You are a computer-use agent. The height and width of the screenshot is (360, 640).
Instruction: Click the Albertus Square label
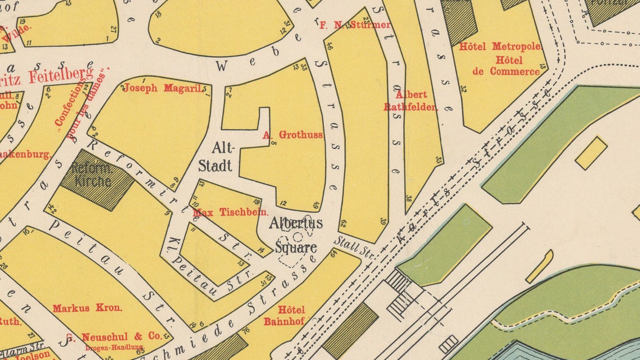coord(295,235)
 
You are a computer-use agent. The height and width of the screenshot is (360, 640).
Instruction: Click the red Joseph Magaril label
coord(163,88)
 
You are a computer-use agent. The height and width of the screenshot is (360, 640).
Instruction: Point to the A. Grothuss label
coord(292,135)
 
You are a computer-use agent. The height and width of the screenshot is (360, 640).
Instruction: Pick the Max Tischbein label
coord(230,213)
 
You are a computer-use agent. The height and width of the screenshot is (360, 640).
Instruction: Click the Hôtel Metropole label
coord(500,47)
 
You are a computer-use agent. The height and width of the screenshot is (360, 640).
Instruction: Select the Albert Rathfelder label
coord(410,101)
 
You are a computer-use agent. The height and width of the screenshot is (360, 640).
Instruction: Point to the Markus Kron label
coord(88,308)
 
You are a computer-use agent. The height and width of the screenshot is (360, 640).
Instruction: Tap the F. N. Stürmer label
coord(354,25)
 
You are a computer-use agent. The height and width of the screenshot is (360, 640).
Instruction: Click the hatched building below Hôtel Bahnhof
coord(350,330)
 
